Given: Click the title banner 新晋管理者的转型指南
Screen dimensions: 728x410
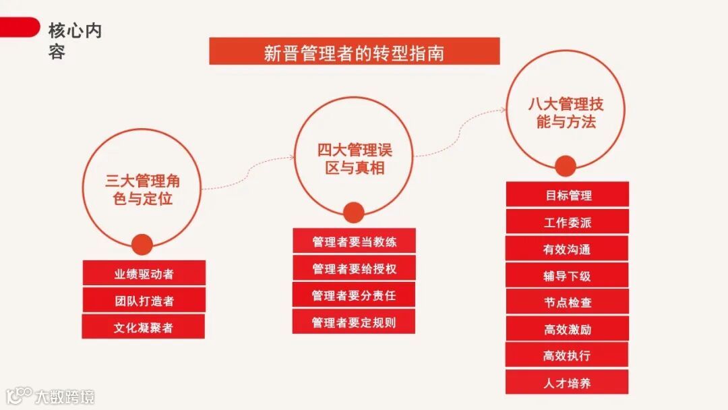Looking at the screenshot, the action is (x=354, y=52).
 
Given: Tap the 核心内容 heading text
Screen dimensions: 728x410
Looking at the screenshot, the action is (x=75, y=40).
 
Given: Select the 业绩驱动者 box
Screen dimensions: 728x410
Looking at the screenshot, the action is (x=144, y=274).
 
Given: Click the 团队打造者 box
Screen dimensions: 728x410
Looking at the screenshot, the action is (x=144, y=301).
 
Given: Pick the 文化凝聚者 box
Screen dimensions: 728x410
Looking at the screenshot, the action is (x=144, y=328).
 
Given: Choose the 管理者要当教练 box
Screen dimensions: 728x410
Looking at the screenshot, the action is (x=354, y=241).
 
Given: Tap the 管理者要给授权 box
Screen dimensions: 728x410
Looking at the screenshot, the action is (x=354, y=268).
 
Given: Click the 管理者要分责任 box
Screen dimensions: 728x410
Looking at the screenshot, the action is (x=354, y=295).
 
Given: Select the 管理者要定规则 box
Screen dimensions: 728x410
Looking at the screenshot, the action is (x=354, y=322).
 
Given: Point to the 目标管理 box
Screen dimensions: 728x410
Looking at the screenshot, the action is (x=568, y=196).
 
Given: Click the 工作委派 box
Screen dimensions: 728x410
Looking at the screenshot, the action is (x=568, y=223).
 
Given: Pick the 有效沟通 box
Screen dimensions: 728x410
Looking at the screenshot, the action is (x=568, y=249).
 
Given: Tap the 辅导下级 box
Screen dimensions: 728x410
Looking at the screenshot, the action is (x=568, y=276).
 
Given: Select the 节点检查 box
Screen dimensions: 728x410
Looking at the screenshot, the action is (x=568, y=303).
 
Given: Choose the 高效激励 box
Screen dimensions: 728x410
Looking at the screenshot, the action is (x=568, y=329).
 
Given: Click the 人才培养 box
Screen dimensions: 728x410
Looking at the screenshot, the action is (x=568, y=383).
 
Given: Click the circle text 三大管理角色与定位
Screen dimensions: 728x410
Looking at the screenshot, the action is (x=143, y=189).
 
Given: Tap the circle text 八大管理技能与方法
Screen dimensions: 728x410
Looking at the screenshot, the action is (x=566, y=113).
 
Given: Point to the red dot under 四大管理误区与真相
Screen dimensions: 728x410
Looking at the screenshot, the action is (x=353, y=213).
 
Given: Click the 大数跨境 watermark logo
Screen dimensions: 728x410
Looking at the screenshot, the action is (x=51, y=396).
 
